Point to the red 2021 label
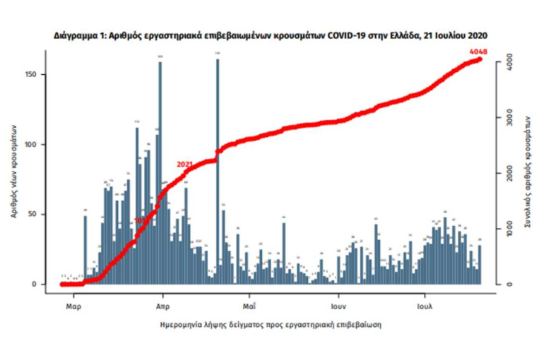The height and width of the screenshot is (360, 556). click(x=184, y=164)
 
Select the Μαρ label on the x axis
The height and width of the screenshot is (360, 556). click(x=73, y=307)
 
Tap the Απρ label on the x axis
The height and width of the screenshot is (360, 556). click(x=161, y=307)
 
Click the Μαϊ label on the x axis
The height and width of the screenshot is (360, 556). click(x=249, y=307)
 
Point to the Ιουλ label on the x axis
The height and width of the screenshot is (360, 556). click(x=425, y=307)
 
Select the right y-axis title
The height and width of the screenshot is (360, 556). click(x=527, y=173)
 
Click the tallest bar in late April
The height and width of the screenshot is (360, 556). click(x=217, y=169)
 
